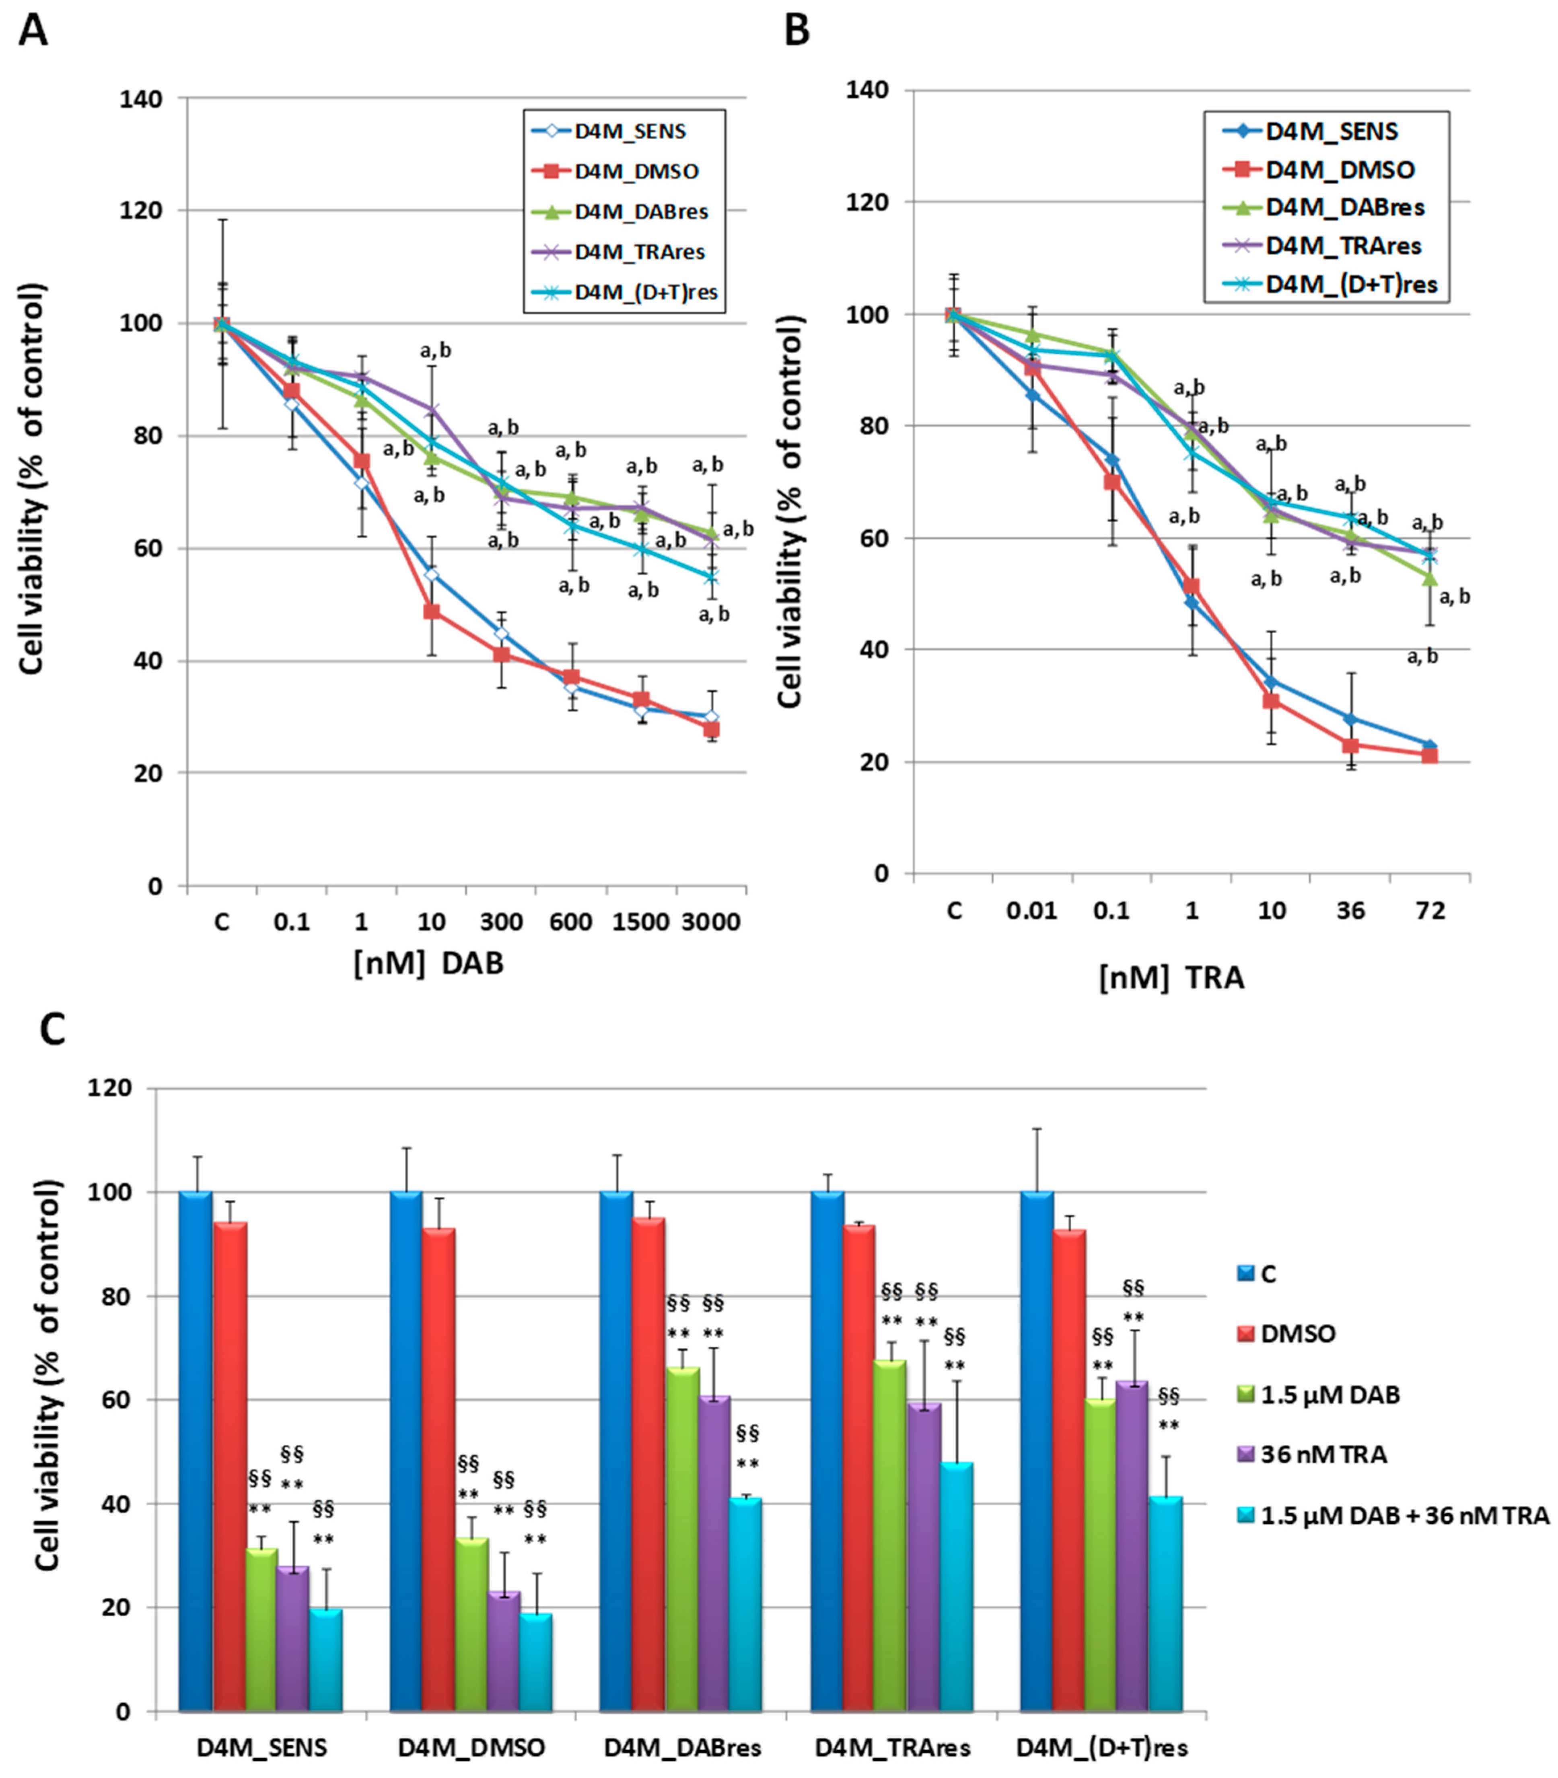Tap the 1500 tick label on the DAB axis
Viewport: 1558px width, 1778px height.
pyautogui.click(x=641, y=922)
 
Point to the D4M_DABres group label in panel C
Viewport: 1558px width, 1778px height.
pyautogui.click(x=683, y=1747)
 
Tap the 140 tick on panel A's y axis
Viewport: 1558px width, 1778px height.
pyautogui.click(x=141, y=99)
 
